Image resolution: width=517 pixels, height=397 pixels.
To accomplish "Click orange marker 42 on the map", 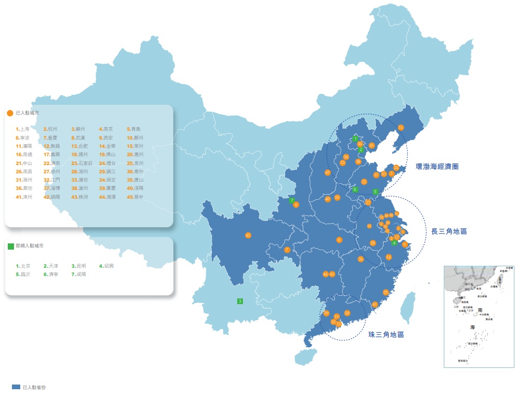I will [x=248, y=235].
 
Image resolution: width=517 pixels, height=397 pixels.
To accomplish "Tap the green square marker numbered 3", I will [x=240, y=301].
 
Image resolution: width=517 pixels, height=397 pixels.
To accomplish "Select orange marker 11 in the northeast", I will [x=401, y=127].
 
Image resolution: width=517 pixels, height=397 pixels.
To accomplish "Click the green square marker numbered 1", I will [x=356, y=139].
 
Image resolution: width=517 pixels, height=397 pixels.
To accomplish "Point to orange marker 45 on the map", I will [x=328, y=172].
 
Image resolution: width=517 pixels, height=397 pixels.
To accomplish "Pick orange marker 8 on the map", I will [x=339, y=240].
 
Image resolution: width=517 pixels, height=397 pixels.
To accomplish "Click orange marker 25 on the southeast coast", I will [x=385, y=292].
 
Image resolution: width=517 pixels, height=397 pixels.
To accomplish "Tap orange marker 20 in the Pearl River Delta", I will [x=347, y=313].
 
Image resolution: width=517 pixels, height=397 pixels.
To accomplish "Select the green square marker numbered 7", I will [x=292, y=200].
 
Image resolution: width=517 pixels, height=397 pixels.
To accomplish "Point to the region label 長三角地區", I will [x=449, y=231].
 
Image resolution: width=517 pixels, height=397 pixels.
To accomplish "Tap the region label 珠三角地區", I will [x=386, y=335].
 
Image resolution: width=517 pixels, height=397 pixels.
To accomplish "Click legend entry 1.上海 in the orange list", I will [x=23, y=129].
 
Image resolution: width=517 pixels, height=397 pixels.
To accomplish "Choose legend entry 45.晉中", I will [x=135, y=197].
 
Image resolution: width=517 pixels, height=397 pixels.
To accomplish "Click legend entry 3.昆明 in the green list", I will [x=78, y=266].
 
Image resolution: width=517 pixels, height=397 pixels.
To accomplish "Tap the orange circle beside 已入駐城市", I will [x=10, y=113].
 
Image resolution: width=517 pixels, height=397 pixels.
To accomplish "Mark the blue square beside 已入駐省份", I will [x=16, y=387].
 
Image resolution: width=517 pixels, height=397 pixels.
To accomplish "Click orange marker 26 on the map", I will [x=361, y=258].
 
